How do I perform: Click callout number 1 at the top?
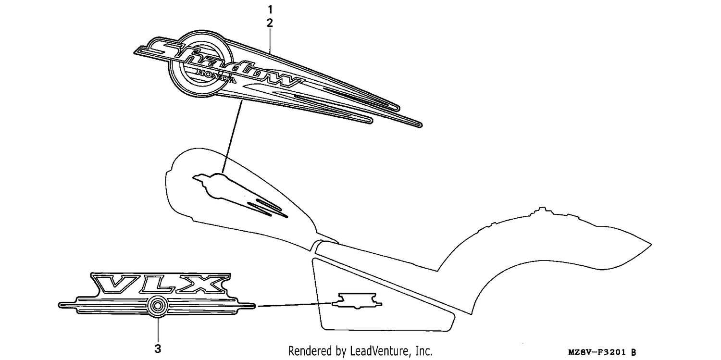point(270,10)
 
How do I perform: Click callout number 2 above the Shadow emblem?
point(270,23)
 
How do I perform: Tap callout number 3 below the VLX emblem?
point(158,348)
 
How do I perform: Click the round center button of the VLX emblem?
point(158,306)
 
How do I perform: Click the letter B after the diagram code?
point(634,352)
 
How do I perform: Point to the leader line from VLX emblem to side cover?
point(295,305)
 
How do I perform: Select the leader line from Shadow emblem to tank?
point(232,136)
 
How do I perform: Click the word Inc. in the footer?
point(424,350)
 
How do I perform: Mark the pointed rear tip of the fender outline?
point(651,245)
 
